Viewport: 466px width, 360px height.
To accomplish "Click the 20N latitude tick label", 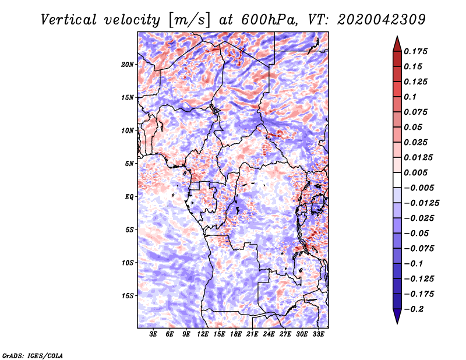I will point(128,64).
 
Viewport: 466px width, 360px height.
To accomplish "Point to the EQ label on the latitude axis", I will point(129,197).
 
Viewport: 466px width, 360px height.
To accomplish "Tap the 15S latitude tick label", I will point(128,296).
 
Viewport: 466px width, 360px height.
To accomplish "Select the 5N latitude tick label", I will point(130,164).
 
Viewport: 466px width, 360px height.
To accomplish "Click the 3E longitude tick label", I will point(154,335).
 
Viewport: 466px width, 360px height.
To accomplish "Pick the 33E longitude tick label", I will point(319,335).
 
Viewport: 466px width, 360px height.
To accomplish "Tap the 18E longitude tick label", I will point(236,335).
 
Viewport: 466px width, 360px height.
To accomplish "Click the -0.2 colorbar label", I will point(415,309).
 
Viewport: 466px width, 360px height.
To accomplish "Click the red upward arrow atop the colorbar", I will point(397,42).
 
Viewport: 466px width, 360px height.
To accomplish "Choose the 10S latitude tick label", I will point(128,263).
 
